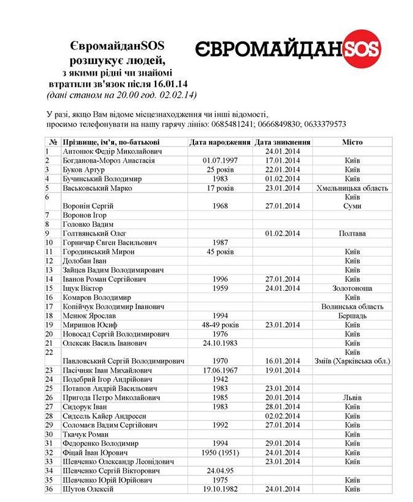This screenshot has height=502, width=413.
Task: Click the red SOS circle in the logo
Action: point(361,49)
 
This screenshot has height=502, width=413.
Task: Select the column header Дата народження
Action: point(221,142)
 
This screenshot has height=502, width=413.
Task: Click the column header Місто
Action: point(352,142)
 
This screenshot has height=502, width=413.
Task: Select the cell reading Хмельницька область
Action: point(352,188)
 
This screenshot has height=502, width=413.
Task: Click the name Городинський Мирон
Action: point(99,251)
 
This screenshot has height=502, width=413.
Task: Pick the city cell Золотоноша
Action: point(352,288)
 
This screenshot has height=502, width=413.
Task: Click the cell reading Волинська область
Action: point(352,306)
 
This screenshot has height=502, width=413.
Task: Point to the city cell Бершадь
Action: point(352,315)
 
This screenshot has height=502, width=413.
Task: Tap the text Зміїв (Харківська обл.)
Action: point(352,361)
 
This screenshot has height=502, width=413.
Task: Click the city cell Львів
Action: point(352,398)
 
